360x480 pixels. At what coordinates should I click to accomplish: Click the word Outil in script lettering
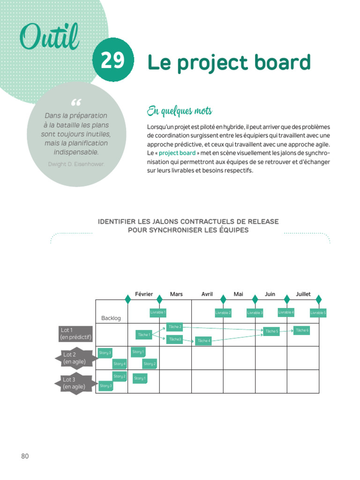click(49, 37)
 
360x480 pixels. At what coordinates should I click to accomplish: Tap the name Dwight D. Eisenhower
click(76, 164)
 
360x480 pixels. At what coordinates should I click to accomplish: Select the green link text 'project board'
click(177, 153)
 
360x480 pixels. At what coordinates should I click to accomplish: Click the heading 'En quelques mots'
click(179, 111)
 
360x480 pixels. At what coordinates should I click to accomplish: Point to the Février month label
click(144, 294)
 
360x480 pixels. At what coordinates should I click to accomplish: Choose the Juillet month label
click(303, 294)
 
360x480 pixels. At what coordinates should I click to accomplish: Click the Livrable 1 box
click(158, 312)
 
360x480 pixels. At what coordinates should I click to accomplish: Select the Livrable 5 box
click(318, 313)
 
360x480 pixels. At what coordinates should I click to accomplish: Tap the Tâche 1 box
click(143, 335)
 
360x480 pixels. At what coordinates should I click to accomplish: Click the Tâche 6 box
click(302, 330)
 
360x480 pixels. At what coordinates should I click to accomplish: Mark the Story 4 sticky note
click(119, 364)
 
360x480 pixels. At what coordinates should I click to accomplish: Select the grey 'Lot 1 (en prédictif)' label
click(75, 334)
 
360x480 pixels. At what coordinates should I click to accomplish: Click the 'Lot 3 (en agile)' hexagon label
click(74, 383)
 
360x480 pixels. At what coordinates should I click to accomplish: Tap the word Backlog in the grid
click(111, 318)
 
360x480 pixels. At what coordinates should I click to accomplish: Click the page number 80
click(25, 456)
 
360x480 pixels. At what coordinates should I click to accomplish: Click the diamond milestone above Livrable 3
click(255, 299)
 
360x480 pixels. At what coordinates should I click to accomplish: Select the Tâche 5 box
click(271, 331)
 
